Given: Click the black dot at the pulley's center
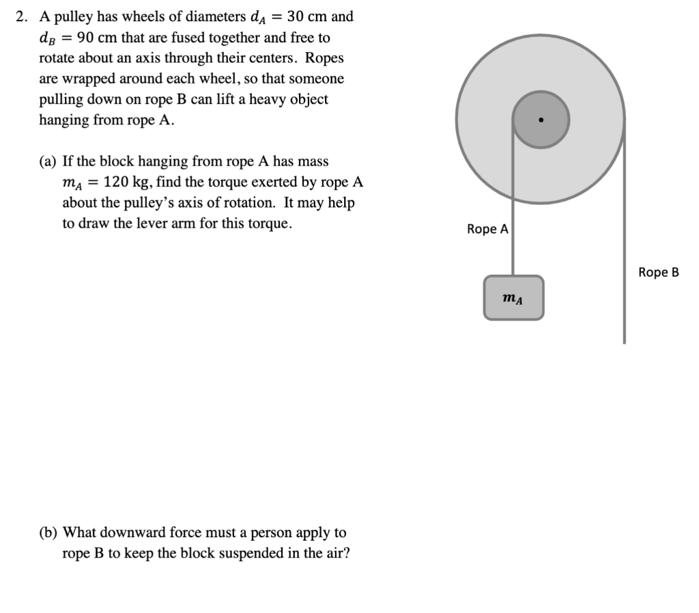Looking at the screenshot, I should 541,120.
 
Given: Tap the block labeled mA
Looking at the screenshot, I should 514,298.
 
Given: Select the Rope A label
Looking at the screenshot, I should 487,229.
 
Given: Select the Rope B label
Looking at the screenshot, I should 659,272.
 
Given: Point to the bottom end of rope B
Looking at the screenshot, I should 624,340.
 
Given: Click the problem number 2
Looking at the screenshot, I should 20,16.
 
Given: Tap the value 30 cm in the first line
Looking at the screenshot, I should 309,16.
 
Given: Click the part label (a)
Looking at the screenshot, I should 47,161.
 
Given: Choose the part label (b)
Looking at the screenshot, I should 48,532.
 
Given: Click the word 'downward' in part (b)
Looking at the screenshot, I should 149,532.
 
